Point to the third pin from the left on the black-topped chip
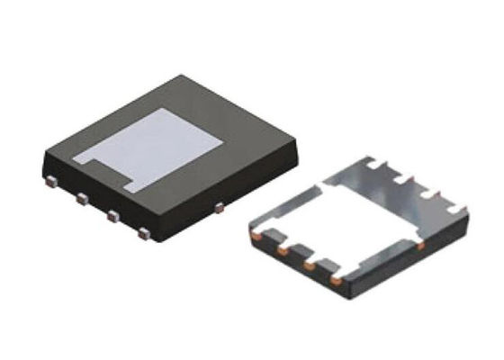click(x=112, y=216)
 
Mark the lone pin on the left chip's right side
click(x=220, y=208)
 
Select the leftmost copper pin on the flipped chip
click(x=256, y=236)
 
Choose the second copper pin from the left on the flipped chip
click(x=283, y=252)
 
